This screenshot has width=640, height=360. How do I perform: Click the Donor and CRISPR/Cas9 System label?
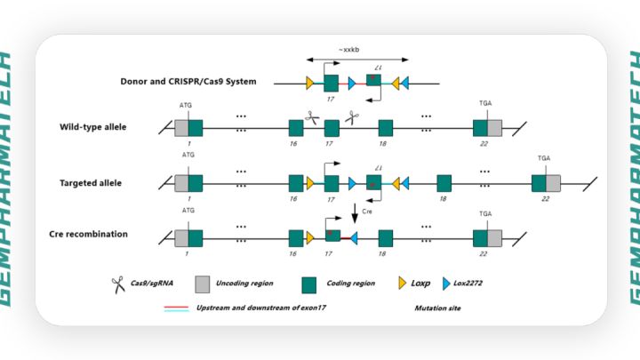(188, 81)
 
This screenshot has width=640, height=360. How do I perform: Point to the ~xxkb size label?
(347, 50)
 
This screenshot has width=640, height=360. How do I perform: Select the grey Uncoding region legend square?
(204, 284)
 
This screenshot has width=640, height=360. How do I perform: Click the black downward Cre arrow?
(355, 214)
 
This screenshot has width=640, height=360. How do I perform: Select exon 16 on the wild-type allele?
(296, 128)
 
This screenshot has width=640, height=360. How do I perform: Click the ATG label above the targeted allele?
(188, 155)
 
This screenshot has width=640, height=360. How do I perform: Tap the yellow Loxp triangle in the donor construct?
(310, 83)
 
